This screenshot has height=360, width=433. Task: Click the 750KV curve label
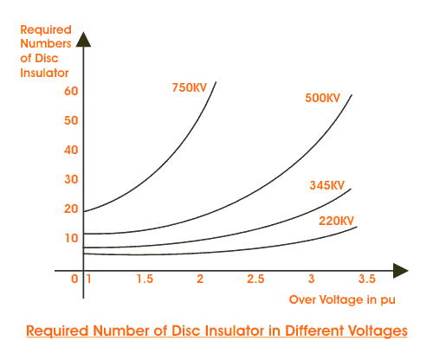tap(191, 87)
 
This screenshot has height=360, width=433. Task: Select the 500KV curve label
tap(322, 98)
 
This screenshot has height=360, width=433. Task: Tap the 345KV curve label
tap(326, 186)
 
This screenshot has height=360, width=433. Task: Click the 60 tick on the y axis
tap(71, 90)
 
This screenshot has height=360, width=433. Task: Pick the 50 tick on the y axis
tap(71, 119)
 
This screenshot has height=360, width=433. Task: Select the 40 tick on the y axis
tap(71, 150)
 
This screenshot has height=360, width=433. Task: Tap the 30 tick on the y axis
tap(71, 179)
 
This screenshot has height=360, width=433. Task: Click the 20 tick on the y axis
tap(71, 209)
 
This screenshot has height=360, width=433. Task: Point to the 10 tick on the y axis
tap(71, 237)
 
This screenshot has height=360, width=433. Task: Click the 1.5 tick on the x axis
tap(144, 279)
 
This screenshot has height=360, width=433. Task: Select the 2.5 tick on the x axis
tap(255, 279)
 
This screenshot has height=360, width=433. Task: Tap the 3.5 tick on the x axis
tap(366, 279)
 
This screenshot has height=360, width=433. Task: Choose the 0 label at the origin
tap(75, 279)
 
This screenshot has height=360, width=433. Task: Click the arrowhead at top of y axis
tap(83, 38)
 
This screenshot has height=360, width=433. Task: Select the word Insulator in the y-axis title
tap(41, 72)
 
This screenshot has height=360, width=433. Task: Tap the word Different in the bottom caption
tap(293, 331)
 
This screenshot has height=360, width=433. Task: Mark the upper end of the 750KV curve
tap(215, 82)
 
